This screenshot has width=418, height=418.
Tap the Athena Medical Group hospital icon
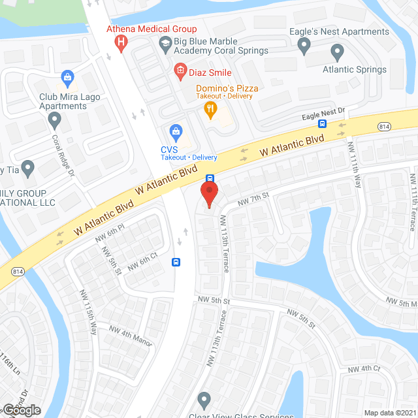[x=120, y=43]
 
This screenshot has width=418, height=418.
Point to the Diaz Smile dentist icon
[x=180, y=72]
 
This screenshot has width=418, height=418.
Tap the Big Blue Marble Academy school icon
[x=165, y=44]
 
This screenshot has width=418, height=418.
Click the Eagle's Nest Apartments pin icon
[x=303, y=46]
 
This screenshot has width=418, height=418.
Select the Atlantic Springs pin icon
[x=337, y=52]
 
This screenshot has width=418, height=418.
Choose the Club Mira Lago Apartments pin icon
[x=55, y=120]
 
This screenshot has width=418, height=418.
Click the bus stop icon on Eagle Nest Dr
[x=323, y=123]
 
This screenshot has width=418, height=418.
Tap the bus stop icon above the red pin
[x=210, y=178]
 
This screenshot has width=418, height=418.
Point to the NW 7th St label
[x=253, y=202]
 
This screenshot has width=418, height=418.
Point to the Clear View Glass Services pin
[x=204, y=398]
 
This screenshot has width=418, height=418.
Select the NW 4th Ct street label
[x=364, y=369]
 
